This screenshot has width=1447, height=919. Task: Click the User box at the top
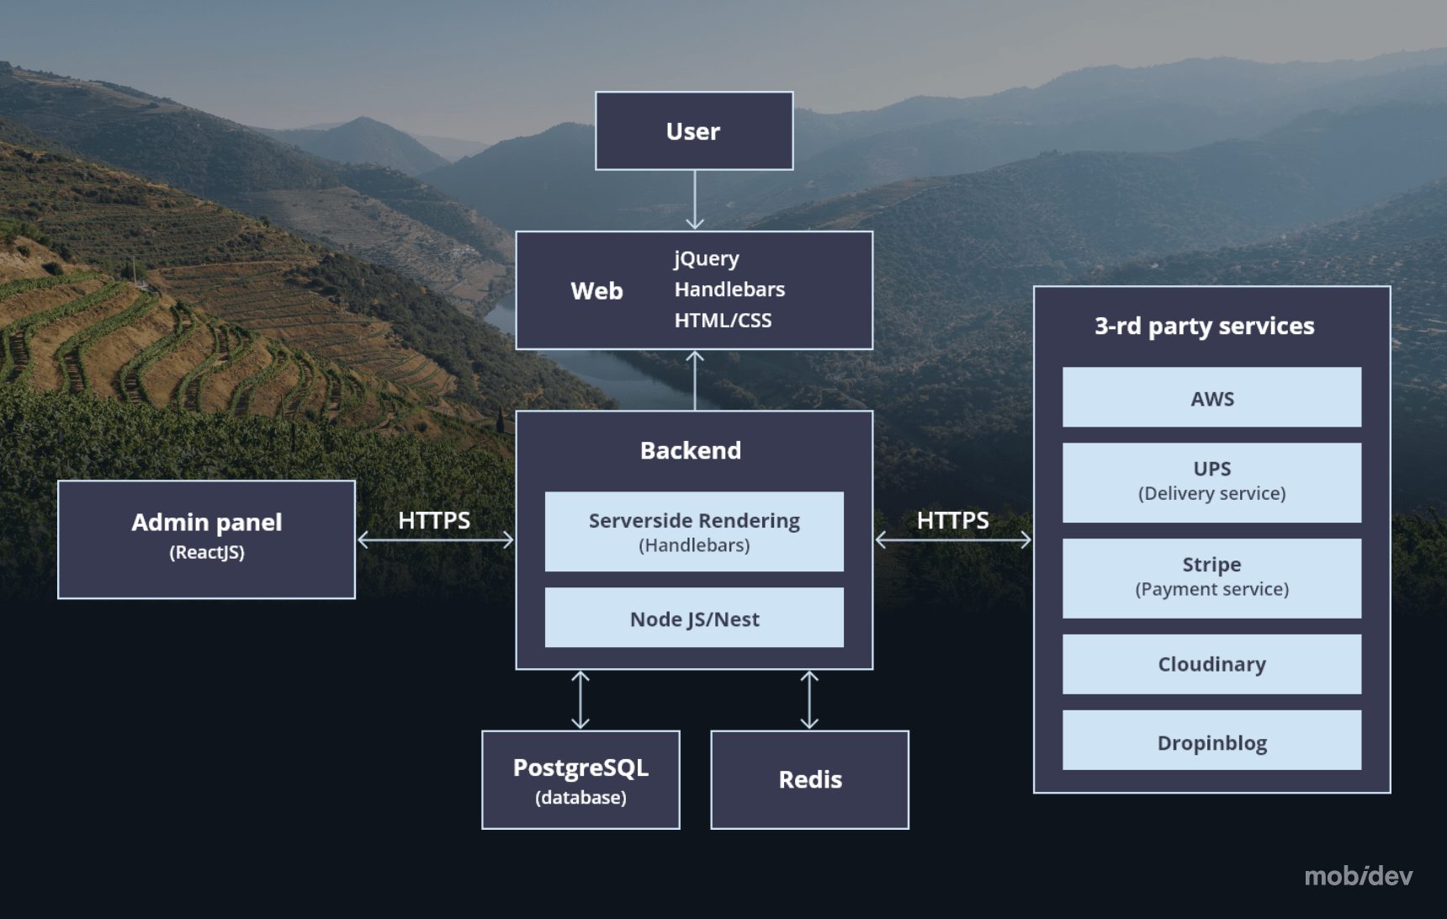(x=693, y=131)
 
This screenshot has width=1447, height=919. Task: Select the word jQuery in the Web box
(x=706, y=258)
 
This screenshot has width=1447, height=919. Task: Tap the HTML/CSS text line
(x=722, y=321)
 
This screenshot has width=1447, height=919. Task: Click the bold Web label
(x=596, y=291)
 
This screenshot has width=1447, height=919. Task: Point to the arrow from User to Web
(x=695, y=200)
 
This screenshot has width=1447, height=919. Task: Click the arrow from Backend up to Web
(x=695, y=380)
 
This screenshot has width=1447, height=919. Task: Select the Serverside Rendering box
(x=693, y=532)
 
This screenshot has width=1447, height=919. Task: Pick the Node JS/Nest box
(x=693, y=619)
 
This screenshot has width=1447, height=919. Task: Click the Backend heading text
(x=690, y=450)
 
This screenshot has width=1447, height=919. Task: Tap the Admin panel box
(x=206, y=539)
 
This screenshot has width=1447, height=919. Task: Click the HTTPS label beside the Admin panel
(x=433, y=520)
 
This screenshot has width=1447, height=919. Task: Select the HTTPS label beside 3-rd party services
(x=952, y=520)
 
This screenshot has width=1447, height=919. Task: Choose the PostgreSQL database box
(x=580, y=780)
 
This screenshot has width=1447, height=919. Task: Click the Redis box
(x=809, y=780)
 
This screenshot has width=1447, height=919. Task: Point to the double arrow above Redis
(x=809, y=699)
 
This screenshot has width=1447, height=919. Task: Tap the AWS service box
(x=1211, y=397)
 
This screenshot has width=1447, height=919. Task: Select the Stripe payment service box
(x=1211, y=578)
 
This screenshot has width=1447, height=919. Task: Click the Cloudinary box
(x=1211, y=664)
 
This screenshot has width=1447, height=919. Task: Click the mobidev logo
(x=1358, y=876)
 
